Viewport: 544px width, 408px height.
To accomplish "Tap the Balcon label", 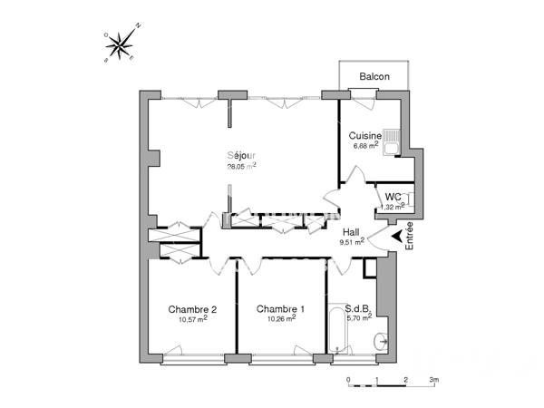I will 374,77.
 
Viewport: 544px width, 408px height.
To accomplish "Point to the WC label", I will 393,197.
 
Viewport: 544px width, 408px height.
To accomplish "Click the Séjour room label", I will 241,154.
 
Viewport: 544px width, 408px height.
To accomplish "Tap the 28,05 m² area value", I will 241,166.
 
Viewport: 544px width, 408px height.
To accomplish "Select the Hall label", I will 351,232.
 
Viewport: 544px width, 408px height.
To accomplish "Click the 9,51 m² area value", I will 351,242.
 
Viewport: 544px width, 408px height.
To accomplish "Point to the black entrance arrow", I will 396,238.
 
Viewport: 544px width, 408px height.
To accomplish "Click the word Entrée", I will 410,237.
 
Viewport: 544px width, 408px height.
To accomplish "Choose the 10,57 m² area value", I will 193,319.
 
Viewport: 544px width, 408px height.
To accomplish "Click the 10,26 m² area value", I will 280,319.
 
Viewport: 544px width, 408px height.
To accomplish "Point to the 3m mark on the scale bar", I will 433,380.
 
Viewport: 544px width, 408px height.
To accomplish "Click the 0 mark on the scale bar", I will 348,380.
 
